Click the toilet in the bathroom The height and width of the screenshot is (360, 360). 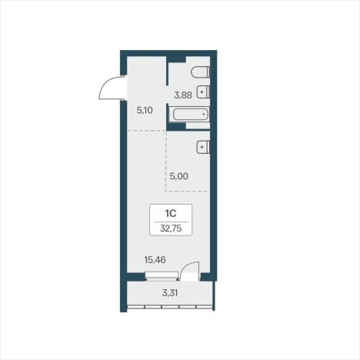(201, 72)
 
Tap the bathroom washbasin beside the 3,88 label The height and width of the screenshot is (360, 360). (203, 92)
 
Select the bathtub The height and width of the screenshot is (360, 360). (191, 114)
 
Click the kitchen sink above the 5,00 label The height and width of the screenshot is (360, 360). (203, 147)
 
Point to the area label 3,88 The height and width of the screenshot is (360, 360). (183, 95)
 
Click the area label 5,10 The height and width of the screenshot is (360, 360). (145, 111)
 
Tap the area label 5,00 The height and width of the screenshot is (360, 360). (179, 176)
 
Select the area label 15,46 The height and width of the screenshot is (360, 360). (155, 260)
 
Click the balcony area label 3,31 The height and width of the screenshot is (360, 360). (170, 292)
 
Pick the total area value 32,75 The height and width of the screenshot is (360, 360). (171, 228)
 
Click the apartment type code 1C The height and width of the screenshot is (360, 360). (171, 213)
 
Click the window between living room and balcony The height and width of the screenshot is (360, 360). (162, 276)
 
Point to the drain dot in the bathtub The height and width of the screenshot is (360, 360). (205, 114)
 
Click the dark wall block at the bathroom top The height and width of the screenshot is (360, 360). (177, 59)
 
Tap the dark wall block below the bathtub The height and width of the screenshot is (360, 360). (176, 126)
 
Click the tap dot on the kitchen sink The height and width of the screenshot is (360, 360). (202, 147)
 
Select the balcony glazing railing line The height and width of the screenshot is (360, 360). (170, 305)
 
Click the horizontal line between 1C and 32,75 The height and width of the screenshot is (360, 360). (171, 222)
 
